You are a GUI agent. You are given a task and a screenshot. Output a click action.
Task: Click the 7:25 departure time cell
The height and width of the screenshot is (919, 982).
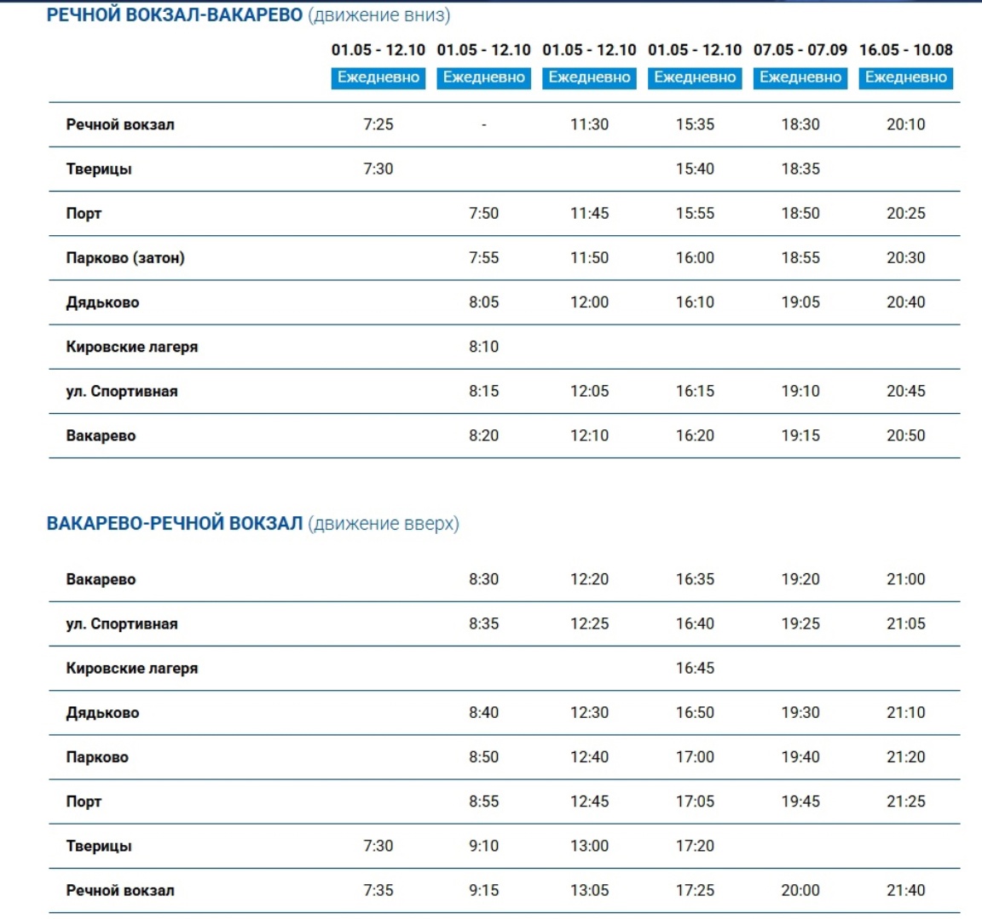(x=378, y=124)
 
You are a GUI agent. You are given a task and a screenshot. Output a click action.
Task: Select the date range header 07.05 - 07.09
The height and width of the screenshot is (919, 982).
(x=800, y=50)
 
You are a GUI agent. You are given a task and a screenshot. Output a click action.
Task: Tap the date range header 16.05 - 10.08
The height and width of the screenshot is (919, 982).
(x=905, y=50)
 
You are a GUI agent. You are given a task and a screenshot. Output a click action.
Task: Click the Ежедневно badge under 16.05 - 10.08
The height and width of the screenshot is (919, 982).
(x=905, y=78)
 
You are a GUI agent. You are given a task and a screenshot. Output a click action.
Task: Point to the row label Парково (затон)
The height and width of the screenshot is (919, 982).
(x=125, y=258)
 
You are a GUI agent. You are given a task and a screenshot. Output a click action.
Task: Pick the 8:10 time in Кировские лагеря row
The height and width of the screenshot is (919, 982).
(x=483, y=347)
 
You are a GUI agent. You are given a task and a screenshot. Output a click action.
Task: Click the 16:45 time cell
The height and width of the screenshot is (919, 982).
(x=695, y=668)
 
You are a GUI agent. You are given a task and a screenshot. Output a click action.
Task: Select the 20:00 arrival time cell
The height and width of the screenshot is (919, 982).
(x=800, y=890)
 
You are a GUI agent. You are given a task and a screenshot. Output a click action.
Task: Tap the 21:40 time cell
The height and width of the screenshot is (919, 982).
(x=905, y=890)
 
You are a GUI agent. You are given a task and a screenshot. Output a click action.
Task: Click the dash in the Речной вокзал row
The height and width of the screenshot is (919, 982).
(x=483, y=125)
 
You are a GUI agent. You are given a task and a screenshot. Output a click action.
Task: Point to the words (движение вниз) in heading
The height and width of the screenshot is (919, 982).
(x=378, y=15)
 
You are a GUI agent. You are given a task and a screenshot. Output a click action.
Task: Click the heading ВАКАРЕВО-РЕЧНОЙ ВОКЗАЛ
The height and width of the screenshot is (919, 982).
(x=175, y=523)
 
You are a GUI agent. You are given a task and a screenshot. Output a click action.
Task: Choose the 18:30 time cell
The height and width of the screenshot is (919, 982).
(x=800, y=124)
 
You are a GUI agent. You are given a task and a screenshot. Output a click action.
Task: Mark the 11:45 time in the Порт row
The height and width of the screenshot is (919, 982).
(x=589, y=213)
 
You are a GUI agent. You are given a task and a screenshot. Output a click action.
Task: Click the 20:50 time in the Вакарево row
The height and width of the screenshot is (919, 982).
(x=905, y=435)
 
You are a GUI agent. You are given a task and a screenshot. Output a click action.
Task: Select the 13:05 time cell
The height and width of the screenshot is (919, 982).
(x=589, y=890)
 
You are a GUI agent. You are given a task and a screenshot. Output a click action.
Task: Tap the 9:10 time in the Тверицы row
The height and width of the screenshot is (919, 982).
(x=483, y=846)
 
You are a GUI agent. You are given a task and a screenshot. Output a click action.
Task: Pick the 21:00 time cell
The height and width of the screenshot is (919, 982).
(x=905, y=579)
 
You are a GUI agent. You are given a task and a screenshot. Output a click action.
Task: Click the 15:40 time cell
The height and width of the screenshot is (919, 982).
(x=695, y=169)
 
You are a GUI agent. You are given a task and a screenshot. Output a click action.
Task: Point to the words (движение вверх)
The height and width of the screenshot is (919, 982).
(x=384, y=523)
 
